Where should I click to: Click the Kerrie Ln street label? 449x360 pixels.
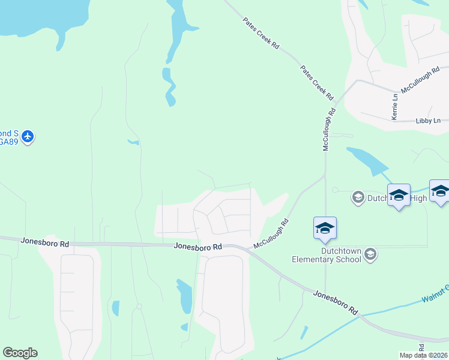point(394,107)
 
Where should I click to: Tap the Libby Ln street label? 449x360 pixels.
point(428,121)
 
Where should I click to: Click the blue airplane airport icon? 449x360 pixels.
point(27,137)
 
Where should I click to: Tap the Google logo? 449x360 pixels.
point(20,353)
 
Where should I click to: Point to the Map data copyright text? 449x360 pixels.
point(424,354)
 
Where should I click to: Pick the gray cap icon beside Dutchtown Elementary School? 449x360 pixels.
point(370,255)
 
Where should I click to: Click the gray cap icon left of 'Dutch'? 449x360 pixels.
point(358,197)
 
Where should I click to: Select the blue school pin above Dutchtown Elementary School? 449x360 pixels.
point(325,229)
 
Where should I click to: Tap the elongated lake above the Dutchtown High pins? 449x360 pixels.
point(368,160)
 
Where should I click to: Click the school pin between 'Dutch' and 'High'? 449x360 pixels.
point(399,196)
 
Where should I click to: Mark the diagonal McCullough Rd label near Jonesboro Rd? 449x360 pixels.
point(271,234)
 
